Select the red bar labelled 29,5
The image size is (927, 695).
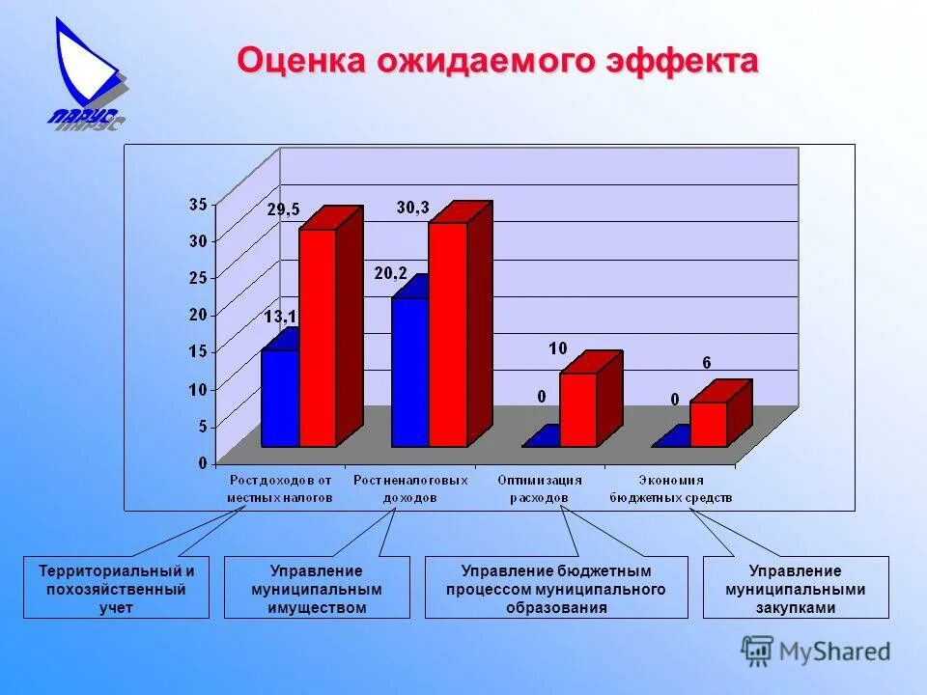pos(317,337)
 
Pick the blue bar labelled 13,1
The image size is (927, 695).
pos(280,397)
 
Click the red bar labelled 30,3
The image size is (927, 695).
pos(447,334)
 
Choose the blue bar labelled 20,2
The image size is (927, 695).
pos(409,372)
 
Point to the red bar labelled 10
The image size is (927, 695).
pos(577,409)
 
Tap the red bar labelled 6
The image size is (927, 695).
pos(708,424)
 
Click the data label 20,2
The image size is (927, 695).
pos(390,273)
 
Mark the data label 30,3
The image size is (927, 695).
pos(412,208)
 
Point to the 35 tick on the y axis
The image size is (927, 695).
pos(197,204)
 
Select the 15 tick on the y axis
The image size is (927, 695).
pos(197,352)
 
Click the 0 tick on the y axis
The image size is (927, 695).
pos(202,463)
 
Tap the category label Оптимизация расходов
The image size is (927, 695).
pos(540,488)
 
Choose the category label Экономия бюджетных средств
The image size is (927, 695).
pos(671,488)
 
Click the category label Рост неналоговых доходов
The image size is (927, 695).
pos(410,488)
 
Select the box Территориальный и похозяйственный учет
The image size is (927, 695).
pos(116,588)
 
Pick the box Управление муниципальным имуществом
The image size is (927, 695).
pos(317,588)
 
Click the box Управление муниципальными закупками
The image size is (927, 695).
pos(797,588)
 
